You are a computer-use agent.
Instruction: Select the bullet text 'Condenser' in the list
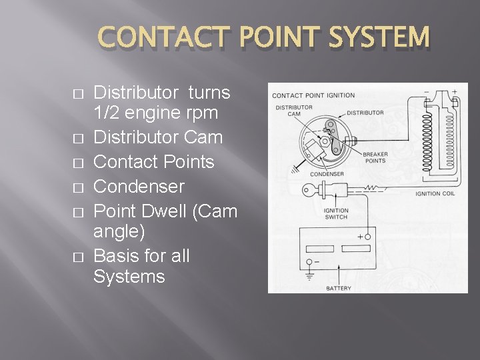click(x=139, y=186)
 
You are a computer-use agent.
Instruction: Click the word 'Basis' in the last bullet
click(x=118, y=256)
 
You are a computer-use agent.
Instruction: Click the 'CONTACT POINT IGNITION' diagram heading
click(x=313, y=95)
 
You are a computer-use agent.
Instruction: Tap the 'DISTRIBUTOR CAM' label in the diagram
click(x=293, y=110)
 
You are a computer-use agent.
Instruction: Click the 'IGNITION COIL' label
click(x=437, y=194)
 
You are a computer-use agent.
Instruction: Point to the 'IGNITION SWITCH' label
click(x=336, y=214)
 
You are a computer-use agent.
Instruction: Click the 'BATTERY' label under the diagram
click(x=339, y=289)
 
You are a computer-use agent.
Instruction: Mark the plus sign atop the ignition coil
click(x=455, y=93)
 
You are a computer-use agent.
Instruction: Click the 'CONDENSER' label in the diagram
click(x=327, y=175)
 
